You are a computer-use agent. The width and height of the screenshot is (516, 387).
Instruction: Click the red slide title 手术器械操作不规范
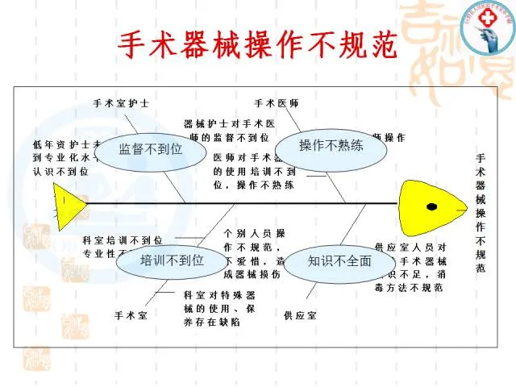[258, 46]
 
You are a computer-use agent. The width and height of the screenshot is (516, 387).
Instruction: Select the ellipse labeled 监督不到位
[151, 148]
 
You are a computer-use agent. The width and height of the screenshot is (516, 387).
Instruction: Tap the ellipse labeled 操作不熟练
[331, 146]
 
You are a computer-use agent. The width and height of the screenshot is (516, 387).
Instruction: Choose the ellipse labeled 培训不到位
[172, 260]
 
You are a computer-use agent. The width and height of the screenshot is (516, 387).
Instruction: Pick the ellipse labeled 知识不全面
[339, 260]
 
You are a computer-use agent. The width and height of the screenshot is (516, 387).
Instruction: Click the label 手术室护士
[121, 104]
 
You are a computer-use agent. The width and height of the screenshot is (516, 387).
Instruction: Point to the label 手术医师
[277, 104]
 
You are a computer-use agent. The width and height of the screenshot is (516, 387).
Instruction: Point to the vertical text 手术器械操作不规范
[481, 214]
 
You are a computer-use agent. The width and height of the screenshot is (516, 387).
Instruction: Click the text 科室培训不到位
[123, 240]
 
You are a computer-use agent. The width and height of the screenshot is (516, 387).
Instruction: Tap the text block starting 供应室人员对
[412, 267]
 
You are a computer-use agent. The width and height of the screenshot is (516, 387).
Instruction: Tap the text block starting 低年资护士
[64, 157]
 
